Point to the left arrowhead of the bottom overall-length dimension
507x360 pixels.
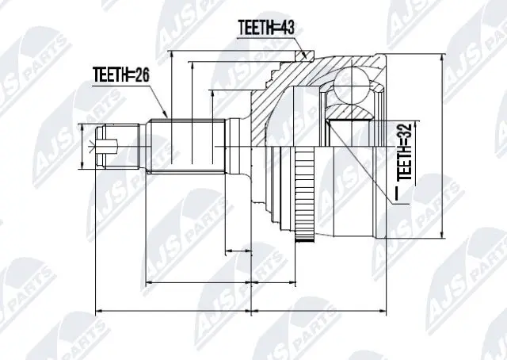pos(97,310)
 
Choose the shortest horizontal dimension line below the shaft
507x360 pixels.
pos(238,253)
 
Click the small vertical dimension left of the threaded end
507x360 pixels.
pos(82,147)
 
